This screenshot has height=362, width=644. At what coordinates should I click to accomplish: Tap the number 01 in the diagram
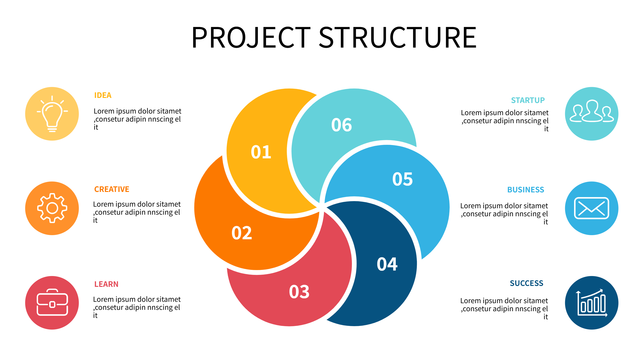(x=261, y=152)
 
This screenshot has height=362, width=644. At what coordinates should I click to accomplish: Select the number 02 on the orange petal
(x=241, y=233)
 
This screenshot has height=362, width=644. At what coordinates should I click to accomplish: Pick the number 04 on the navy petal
(x=387, y=264)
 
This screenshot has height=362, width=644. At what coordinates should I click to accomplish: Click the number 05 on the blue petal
(x=402, y=179)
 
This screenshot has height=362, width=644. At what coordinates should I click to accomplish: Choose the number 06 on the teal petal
(x=342, y=125)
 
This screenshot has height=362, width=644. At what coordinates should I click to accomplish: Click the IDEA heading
(x=103, y=95)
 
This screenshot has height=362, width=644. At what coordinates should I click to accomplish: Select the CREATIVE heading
(x=112, y=189)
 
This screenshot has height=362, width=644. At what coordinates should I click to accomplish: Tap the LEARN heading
(x=106, y=284)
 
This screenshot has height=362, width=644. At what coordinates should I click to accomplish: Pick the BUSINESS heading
(x=526, y=190)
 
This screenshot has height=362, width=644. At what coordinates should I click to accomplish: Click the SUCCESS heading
(x=526, y=283)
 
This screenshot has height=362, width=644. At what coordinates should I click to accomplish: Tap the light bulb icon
(x=52, y=114)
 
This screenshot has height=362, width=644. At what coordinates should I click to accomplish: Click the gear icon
(x=52, y=208)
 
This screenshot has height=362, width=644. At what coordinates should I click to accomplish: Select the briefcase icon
(x=52, y=302)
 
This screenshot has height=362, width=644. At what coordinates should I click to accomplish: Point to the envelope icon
(x=591, y=208)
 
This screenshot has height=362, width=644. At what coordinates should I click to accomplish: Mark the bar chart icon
(x=591, y=303)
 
